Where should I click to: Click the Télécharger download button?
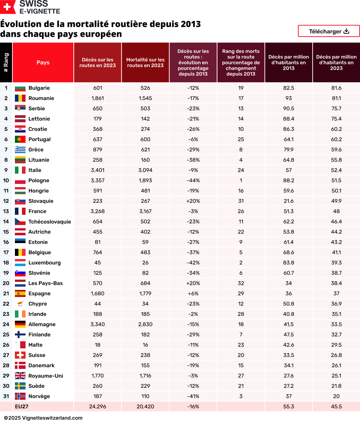click(x=329, y=31)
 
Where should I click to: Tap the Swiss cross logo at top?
click(x=7, y=7)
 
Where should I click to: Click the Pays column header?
click(x=43, y=62)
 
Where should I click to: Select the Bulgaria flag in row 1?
click(x=20, y=88)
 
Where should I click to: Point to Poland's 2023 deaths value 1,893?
click(x=145, y=180)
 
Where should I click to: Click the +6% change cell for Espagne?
click(x=193, y=293)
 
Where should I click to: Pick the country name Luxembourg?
click(x=44, y=263)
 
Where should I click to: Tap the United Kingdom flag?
click(x=20, y=376)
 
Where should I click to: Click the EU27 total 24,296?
click(x=98, y=406)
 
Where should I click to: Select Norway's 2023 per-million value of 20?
click(x=336, y=396)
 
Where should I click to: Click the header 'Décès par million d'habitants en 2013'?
click(x=288, y=62)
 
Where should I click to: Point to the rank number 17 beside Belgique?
click(x=6, y=252)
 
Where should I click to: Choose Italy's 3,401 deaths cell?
click(x=98, y=170)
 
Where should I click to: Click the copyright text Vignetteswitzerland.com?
click(x=43, y=418)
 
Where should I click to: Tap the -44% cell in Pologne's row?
click(x=193, y=180)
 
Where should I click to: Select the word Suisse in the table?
click(x=37, y=355)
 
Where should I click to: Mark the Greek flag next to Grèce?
click(x=20, y=150)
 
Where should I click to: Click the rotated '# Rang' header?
click(x=6, y=62)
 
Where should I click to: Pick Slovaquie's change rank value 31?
click(x=241, y=201)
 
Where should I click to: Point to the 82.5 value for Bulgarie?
click(x=288, y=88)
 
